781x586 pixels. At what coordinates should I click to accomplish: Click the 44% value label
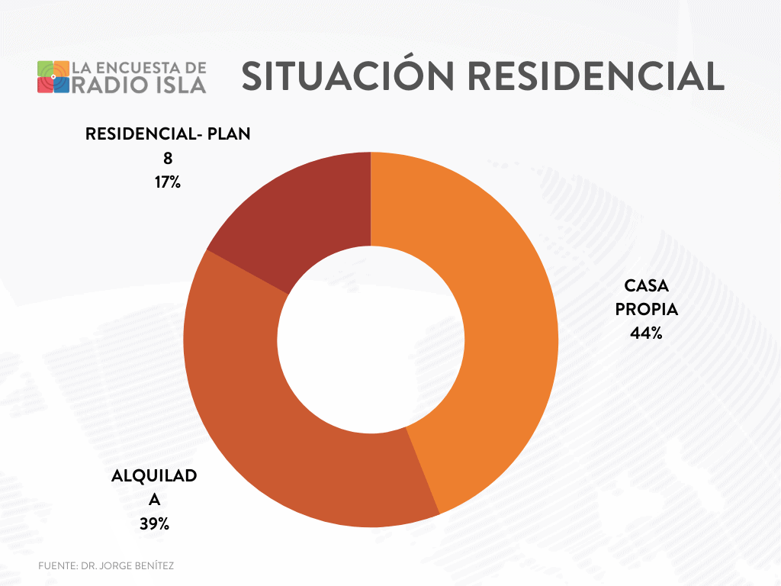pyautogui.click(x=646, y=333)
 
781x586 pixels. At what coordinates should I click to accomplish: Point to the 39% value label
pyautogui.click(x=154, y=523)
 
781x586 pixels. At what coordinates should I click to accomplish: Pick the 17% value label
pyautogui.click(x=168, y=182)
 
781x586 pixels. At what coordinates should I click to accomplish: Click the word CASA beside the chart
pyautogui.click(x=646, y=286)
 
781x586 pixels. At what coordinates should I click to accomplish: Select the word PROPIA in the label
pyautogui.click(x=646, y=310)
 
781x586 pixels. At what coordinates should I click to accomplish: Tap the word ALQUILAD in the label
pyautogui.click(x=154, y=476)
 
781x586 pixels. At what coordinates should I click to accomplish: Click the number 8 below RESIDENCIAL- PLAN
pyautogui.click(x=168, y=159)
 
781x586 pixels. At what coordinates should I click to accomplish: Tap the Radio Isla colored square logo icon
pyautogui.click(x=53, y=76)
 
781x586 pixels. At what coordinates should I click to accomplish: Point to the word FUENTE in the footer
pyautogui.click(x=56, y=566)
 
